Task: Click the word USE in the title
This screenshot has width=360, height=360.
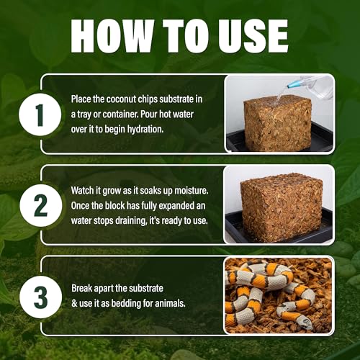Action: click(x=253, y=36)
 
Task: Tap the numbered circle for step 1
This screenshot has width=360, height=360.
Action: click(x=40, y=114)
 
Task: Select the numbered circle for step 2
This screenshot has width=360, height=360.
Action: click(x=40, y=205)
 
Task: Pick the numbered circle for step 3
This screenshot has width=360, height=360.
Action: click(x=40, y=297)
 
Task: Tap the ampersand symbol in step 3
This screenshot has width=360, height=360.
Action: click(x=74, y=303)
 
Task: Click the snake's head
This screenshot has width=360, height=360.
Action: click(x=305, y=322)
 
